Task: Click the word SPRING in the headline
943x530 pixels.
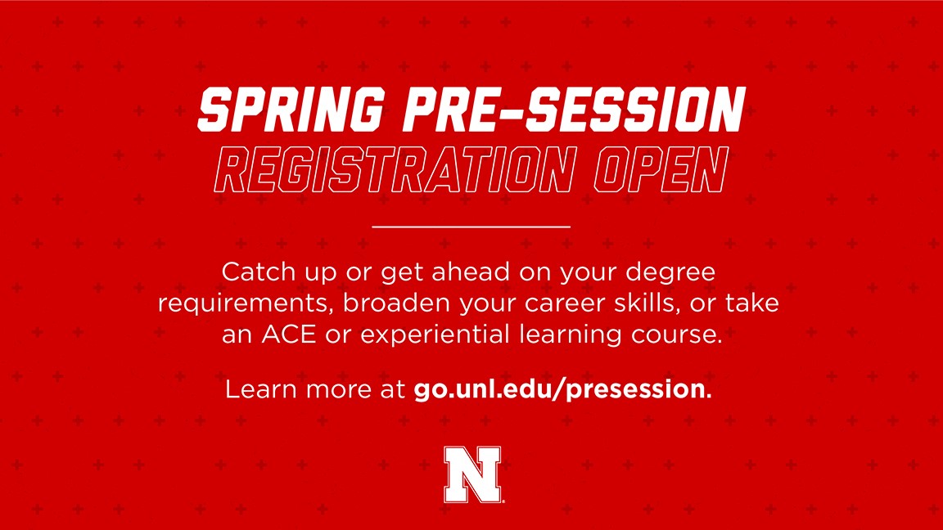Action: point(291,110)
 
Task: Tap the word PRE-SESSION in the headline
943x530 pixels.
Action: point(575,110)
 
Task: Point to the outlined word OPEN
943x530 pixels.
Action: point(661,170)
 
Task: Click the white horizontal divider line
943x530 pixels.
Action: point(471,227)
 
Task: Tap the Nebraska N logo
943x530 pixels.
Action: point(473,474)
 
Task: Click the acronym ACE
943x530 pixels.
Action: point(289,334)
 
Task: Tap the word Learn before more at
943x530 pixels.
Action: point(262,389)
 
